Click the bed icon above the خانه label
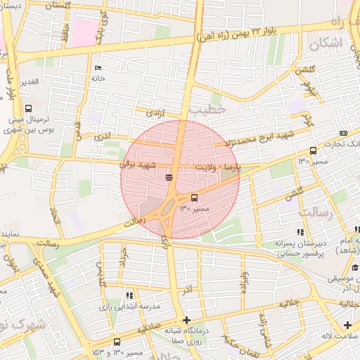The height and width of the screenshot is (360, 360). [x=98, y=68]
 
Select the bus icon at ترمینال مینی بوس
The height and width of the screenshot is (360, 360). [x=28, y=108]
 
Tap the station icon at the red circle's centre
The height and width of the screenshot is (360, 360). [x=169, y=177]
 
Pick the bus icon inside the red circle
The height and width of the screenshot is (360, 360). [x=195, y=198]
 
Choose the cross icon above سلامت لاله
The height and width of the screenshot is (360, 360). [x=347, y=325]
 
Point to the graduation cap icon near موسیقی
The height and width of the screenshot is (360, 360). [x=355, y=266]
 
